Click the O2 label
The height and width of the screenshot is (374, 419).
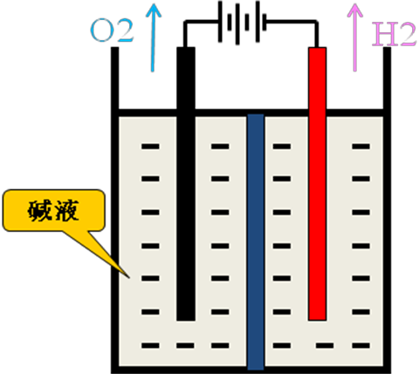112,31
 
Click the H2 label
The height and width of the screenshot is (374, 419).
395,34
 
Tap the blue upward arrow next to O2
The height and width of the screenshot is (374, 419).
153,37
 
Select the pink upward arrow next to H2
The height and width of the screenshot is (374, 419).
355,37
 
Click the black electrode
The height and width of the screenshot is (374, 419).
186,184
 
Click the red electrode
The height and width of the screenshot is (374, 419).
317,184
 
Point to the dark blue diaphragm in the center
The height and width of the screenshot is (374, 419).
256,241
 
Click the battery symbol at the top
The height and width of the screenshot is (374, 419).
243,23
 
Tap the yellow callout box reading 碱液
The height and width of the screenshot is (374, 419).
54,210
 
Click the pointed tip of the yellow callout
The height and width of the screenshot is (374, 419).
129,277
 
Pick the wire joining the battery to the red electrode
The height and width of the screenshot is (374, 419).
292,22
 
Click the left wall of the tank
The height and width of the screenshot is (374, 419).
115,210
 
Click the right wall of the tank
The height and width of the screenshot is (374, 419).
387,210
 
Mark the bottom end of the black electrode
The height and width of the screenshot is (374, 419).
186,321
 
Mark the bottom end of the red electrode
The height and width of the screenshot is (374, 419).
317,320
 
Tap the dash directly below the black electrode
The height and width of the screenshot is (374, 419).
185,345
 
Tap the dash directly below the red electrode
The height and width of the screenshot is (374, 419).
325,345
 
